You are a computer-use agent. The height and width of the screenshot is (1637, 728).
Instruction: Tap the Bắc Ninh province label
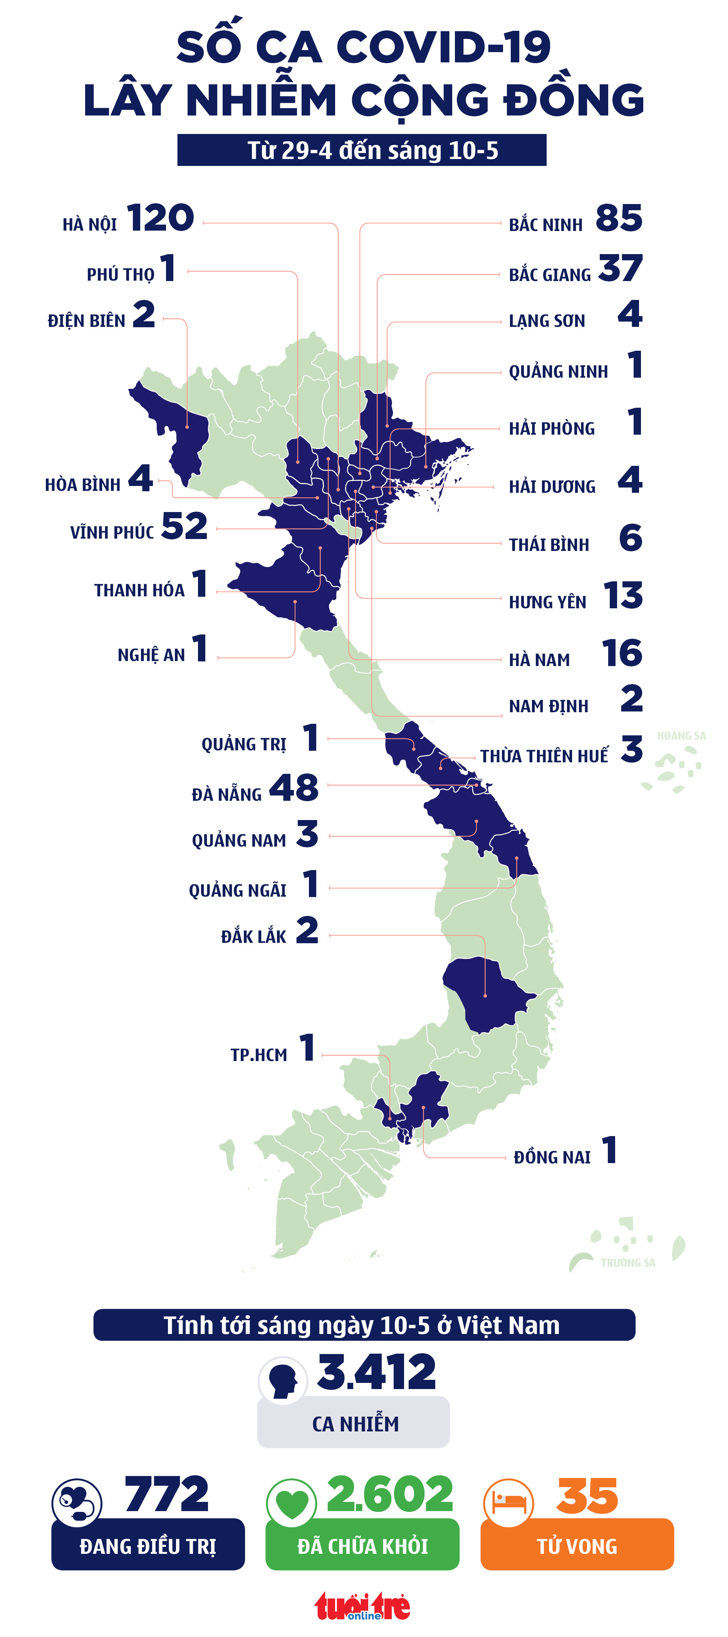tap(545, 224)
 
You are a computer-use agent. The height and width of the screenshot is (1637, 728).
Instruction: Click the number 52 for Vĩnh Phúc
tap(185, 526)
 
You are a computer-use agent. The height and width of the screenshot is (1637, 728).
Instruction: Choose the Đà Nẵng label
tap(226, 794)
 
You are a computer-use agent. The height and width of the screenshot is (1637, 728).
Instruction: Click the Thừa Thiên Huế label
tap(543, 756)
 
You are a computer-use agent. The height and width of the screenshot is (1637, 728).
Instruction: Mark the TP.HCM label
tap(259, 1055)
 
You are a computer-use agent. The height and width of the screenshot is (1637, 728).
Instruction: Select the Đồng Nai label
tap(552, 1157)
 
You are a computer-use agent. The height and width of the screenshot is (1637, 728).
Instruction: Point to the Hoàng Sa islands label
tap(681, 736)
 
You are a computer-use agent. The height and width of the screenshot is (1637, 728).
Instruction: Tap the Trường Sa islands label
tap(627, 1263)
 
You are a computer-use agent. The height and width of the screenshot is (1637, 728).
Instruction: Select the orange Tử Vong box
tap(577, 1545)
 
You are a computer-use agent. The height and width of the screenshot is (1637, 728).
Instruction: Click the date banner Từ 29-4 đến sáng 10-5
tap(361, 151)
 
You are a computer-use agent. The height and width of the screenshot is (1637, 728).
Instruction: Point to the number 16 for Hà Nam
tap(622, 653)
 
